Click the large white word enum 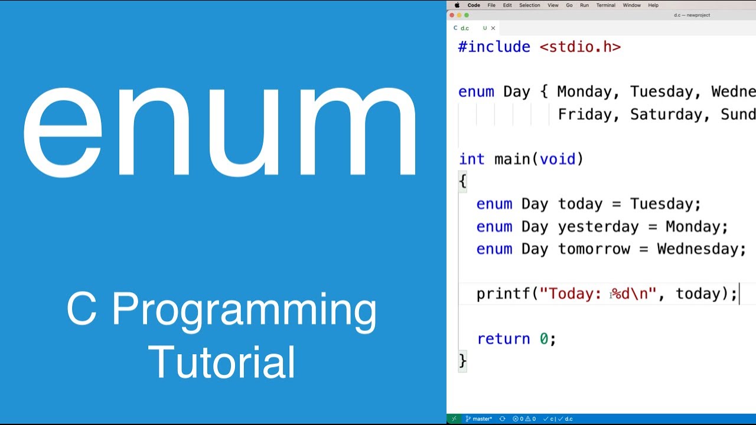220,131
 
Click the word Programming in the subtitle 244,310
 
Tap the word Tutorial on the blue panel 221,361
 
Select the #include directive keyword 494,47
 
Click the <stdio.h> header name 580,47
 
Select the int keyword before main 471,159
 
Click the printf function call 503,294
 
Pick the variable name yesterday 598,227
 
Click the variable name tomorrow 594,249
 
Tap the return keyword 503,339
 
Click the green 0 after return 544,339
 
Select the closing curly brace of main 462,360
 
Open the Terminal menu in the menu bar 605,5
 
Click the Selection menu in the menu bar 529,5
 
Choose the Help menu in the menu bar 653,5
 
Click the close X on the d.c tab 493,28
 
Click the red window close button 452,15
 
